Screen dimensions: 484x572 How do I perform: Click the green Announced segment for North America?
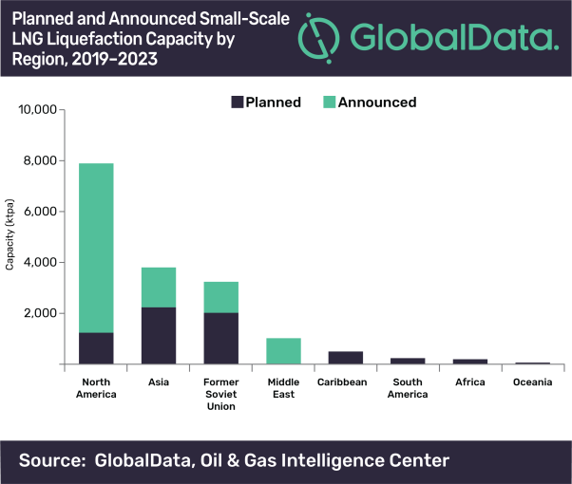click(x=96, y=248)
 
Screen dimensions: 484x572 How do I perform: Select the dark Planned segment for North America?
click(x=96, y=348)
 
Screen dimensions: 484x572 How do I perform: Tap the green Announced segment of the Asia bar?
click(x=158, y=288)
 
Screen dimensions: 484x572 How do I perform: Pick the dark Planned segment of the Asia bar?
click(x=158, y=336)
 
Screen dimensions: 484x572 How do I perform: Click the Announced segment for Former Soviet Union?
click(x=220, y=297)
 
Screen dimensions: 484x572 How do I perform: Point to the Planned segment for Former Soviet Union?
click(x=220, y=339)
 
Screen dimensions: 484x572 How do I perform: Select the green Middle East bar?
click(x=283, y=351)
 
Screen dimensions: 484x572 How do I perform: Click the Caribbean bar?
click(x=346, y=358)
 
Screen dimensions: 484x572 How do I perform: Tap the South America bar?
click(x=408, y=361)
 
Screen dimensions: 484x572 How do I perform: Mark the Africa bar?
click(x=470, y=362)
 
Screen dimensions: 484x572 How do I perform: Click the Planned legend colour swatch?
click(x=237, y=102)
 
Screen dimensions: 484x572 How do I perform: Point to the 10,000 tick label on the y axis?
click(x=40, y=109)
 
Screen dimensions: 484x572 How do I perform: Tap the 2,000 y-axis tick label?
click(x=44, y=313)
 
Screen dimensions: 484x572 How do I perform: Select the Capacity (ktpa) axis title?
click(x=10, y=236)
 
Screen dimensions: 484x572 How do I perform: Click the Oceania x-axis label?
click(x=533, y=382)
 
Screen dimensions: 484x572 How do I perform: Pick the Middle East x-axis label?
click(x=283, y=387)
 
